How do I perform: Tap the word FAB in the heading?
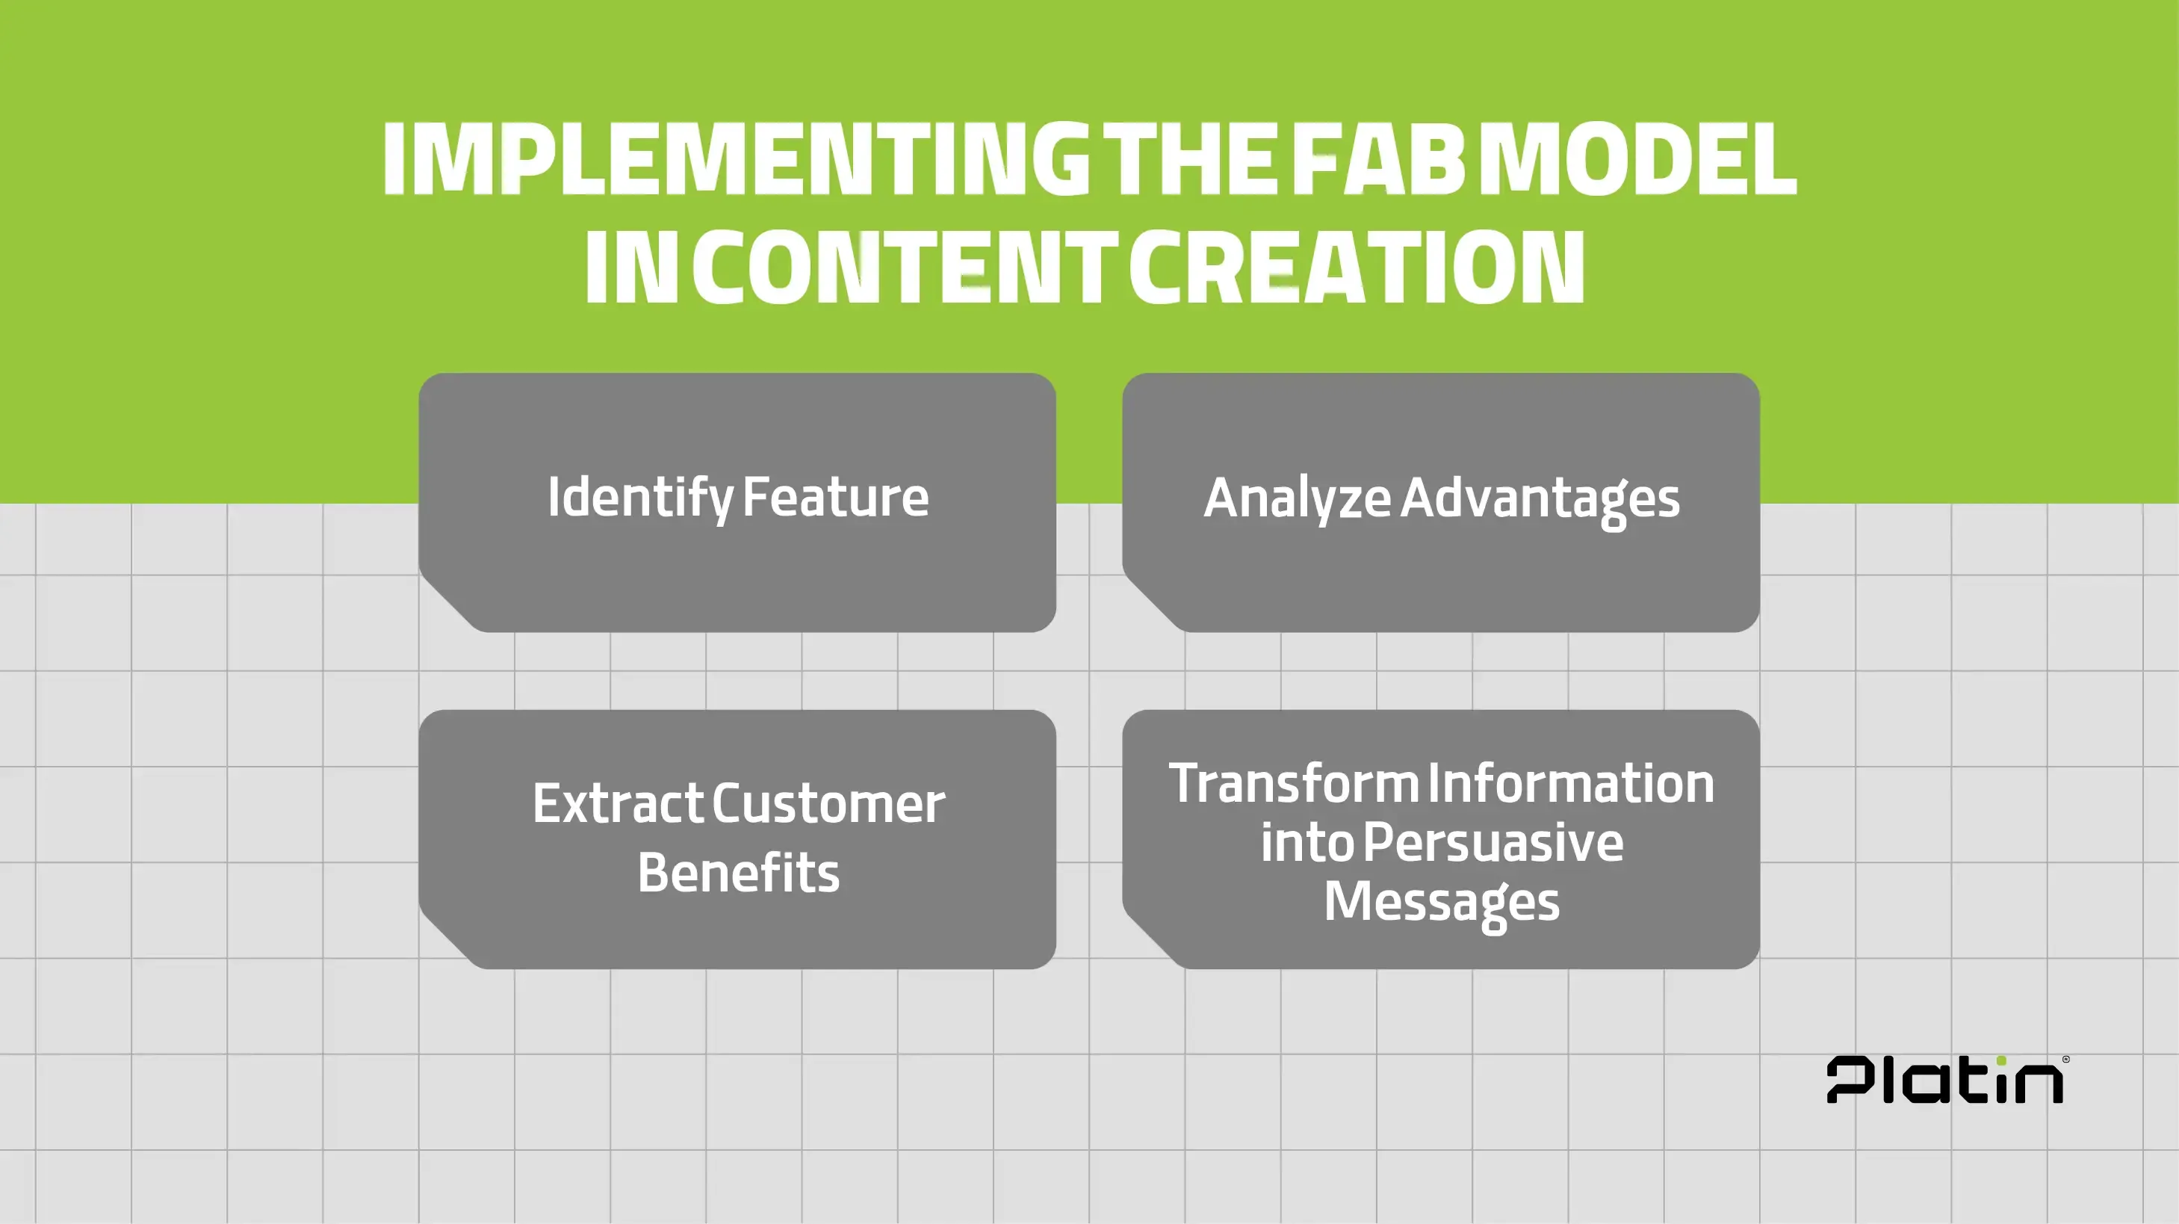point(1379,159)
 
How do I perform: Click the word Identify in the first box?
point(639,498)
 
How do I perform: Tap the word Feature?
point(835,498)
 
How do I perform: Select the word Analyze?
point(1297,498)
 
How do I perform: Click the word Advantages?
point(1540,498)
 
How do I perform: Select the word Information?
point(1571,783)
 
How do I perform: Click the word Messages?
point(1442,902)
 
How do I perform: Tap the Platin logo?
point(1944,1081)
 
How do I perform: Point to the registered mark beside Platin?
point(2066,1059)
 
